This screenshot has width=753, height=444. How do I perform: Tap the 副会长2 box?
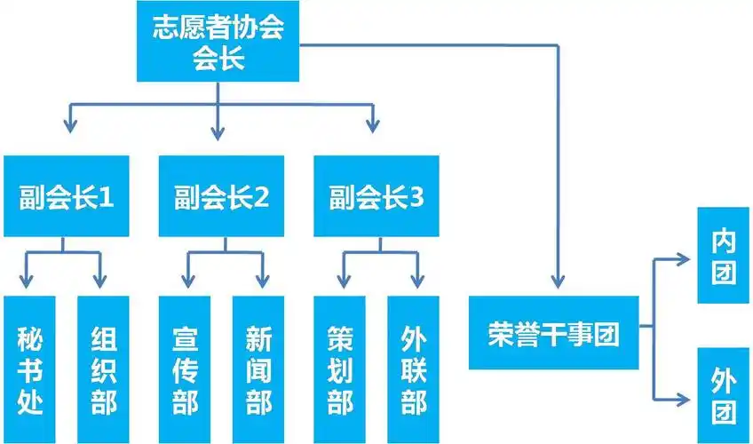pyautogui.click(x=221, y=196)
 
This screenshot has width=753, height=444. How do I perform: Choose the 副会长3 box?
pyautogui.click(x=376, y=196)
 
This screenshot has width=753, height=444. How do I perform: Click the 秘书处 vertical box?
pyautogui.click(x=29, y=369)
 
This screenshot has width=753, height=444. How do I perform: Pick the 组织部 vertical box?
pyautogui.click(x=103, y=369)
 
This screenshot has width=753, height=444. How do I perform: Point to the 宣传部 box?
pyautogui.click(x=185, y=369)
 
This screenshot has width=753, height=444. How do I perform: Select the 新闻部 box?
pyautogui.click(x=258, y=369)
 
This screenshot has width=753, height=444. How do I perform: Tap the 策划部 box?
pyautogui.click(x=340, y=369)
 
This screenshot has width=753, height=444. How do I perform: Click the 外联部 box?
pyautogui.click(x=414, y=369)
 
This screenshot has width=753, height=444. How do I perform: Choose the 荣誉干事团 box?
pyautogui.click(x=553, y=333)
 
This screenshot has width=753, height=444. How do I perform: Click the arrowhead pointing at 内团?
pyautogui.click(x=686, y=258)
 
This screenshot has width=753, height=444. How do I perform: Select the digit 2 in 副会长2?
pyautogui.click(x=260, y=197)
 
